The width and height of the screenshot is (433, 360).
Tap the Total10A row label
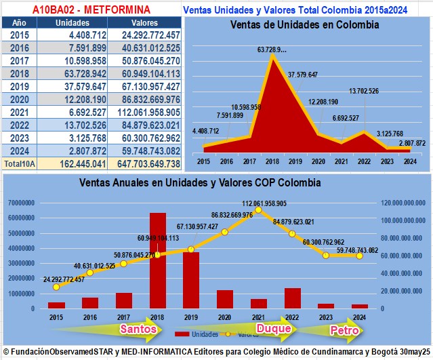pos(18,163)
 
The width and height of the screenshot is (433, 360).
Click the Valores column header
pos(144,22)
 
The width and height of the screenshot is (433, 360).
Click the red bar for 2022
pos(292,298)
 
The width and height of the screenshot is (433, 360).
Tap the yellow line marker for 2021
pos(259,210)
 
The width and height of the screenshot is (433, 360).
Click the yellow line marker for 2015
pos(56,287)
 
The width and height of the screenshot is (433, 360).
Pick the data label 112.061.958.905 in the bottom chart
pos(258,203)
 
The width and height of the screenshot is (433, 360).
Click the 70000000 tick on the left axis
pos(22,202)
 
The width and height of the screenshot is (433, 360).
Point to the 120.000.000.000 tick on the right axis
pos(405,202)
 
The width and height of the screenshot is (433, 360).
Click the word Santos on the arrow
pos(138,329)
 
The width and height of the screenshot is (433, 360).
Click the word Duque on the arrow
pos(274,329)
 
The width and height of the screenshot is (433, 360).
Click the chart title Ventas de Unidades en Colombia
pos(304,25)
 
